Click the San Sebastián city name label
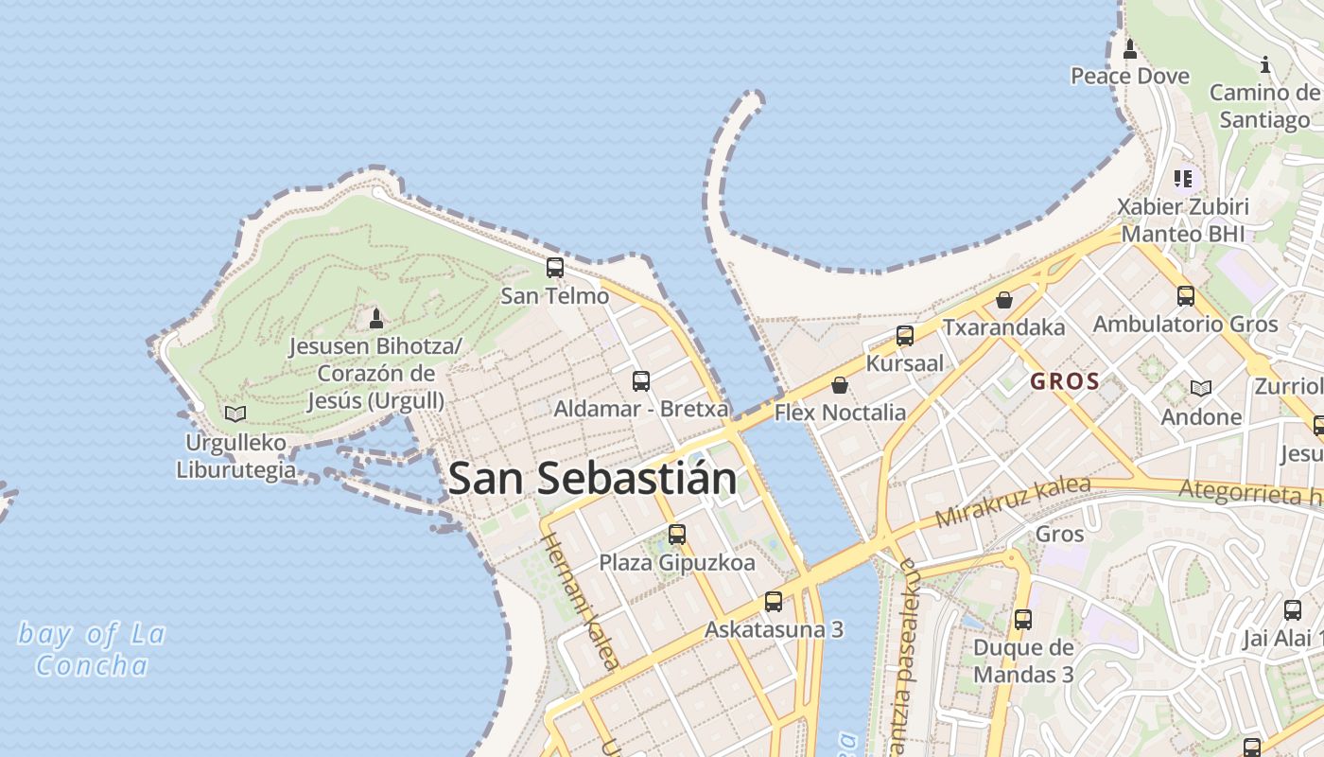click(592, 479)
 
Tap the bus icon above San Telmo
click(555, 268)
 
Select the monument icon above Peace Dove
click(1129, 48)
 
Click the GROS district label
click(1065, 382)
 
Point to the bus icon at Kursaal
click(905, 335)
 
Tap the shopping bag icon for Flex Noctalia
click(839, 385)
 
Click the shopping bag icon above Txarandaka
click(1004, 300)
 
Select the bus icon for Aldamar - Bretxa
click(641, 381)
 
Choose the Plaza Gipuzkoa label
click(677, 563)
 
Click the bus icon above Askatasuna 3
click(774, 602)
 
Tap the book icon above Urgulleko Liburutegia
click(235, 414)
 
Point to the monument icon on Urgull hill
click(376, 318)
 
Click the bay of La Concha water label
click(92, 649)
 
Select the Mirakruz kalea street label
click(1012, 502)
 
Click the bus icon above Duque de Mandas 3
click(1023, 620)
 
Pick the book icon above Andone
click(1201, 388)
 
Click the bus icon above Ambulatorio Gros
click(1186, 296)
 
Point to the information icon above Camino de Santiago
click(1265, 64)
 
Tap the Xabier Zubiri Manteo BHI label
click(1183, 220)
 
